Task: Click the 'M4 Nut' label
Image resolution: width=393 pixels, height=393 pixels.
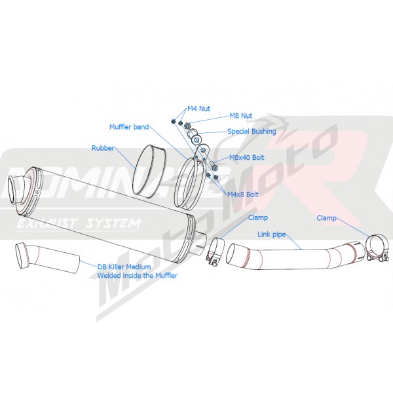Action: [x=198, y=109]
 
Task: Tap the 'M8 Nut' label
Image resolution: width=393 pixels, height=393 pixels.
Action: [x=241, y=116]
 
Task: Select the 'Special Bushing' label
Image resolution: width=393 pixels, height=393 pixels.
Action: [x=252, y=132]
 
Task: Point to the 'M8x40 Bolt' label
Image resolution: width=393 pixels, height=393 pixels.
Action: [x=247, y=158]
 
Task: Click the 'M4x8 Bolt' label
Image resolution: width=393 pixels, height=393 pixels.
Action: [x=242, y=195]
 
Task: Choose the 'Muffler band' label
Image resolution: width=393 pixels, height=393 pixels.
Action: [x=129, y=127]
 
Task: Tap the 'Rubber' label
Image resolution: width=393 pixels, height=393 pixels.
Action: [x=103, y=148]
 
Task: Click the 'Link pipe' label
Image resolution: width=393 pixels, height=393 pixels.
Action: [x=272, y=234]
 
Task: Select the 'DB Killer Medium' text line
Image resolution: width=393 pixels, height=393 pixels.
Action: [x=124, y=267]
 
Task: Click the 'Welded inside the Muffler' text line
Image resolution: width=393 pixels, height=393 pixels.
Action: [x=138, y=276]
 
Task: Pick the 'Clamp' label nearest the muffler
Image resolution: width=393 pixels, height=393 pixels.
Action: [x=258, y=217]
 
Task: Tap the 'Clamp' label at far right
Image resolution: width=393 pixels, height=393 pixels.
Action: [x=326, y=218]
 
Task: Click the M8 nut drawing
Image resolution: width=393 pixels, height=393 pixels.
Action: [x=187, y=125]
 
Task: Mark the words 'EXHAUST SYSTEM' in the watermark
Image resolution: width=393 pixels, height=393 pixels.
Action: [x=78, y=224]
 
